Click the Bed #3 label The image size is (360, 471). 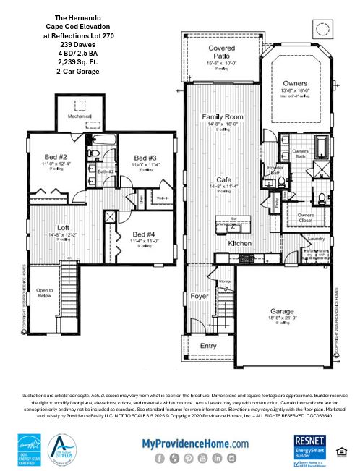145,158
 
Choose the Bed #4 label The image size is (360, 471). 144,234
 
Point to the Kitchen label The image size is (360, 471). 239,245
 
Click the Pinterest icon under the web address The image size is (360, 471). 187,458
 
